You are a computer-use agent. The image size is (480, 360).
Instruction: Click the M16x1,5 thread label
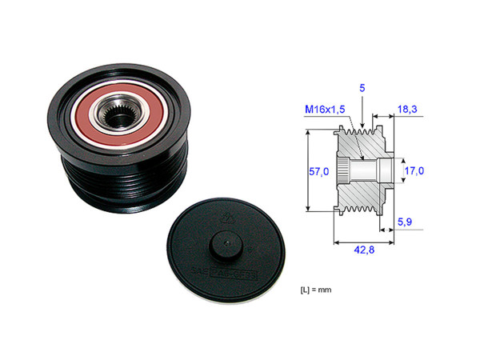326,110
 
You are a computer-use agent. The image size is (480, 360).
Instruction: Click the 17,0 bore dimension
413,170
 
